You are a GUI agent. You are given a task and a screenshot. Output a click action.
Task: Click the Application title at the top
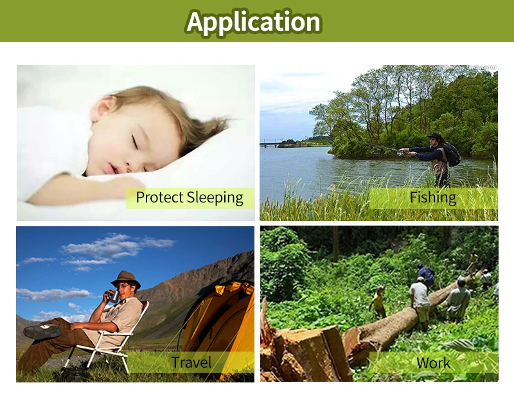(254, 22)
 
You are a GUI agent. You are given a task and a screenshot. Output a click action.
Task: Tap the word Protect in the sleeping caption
(159, 197)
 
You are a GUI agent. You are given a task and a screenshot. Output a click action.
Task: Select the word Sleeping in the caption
(215, 198)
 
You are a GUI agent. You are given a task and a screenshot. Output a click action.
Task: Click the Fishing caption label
(432, 197)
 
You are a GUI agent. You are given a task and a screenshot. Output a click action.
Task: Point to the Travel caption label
(191, 363)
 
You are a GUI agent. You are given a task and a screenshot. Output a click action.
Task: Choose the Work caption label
(433, 363)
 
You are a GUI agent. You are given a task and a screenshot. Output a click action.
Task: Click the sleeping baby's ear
(105, 108)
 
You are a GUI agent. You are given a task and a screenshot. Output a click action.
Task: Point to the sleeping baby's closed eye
(134, 141)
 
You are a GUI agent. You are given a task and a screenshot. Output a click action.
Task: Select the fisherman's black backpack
(452, 154)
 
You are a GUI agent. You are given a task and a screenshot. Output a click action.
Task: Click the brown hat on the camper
(126, 279)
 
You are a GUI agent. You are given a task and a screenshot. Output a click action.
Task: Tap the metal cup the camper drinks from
(114, 296)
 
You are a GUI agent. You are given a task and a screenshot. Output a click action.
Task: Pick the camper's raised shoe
(42, 331)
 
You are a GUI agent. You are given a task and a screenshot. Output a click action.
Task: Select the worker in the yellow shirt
(378, 301)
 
